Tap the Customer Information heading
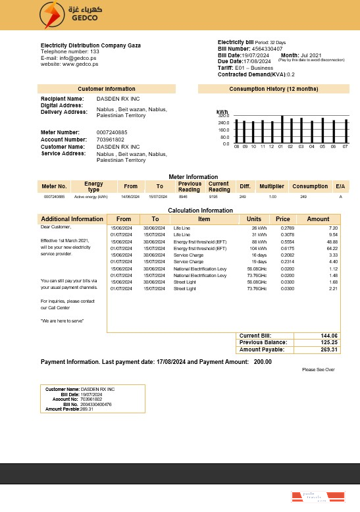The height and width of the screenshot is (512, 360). pos(107,89)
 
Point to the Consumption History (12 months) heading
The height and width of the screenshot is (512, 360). pos(273,89)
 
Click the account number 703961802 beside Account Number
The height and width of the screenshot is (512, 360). pos(111,140)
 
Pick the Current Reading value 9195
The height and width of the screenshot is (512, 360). pos(213,197)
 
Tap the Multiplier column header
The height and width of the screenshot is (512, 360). pos(271,186)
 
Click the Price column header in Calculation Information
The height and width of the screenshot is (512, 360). pos(283,219)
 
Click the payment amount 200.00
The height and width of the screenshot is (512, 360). pos(263,362)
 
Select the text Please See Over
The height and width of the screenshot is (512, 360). pos(319,370)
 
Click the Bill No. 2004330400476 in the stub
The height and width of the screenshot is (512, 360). pos(96,404)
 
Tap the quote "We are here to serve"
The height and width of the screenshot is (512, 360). pos(63,320)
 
